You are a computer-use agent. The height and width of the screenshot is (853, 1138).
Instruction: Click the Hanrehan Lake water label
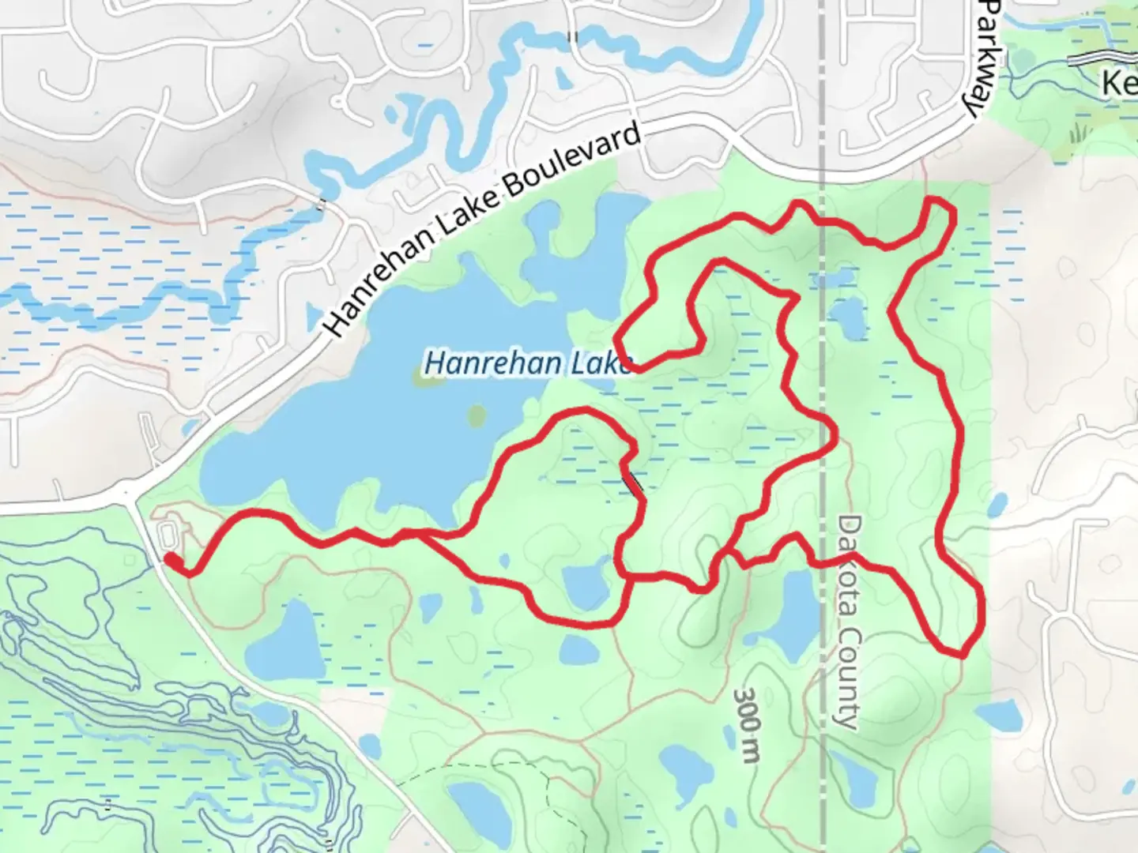pos(528,364)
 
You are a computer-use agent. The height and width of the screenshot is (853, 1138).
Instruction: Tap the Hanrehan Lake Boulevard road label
pos(482,230)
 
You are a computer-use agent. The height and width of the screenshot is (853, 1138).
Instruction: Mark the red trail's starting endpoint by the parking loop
pos(170,559)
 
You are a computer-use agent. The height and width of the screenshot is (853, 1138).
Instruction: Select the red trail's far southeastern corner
pos(963,652)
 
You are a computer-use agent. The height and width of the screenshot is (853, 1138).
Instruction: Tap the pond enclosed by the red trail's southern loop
pos(584,587)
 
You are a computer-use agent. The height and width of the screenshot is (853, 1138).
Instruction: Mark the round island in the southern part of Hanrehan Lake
pos(477,415)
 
